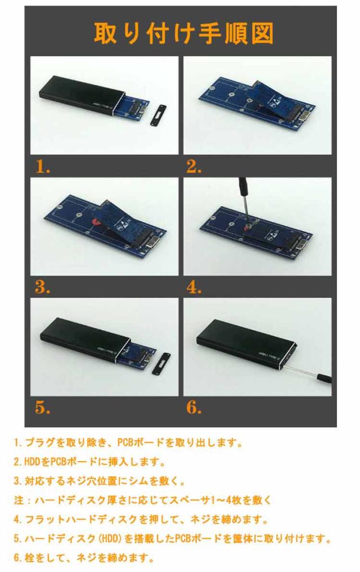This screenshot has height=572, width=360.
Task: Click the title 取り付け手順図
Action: pos(183,34)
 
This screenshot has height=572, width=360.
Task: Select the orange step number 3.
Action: pos(43,287)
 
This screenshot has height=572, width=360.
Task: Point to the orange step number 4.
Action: pos(194,287)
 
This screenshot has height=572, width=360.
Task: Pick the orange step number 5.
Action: pos(43,407)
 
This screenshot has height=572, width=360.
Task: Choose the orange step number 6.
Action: pos(194,407)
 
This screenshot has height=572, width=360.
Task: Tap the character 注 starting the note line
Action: pos(19,500)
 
